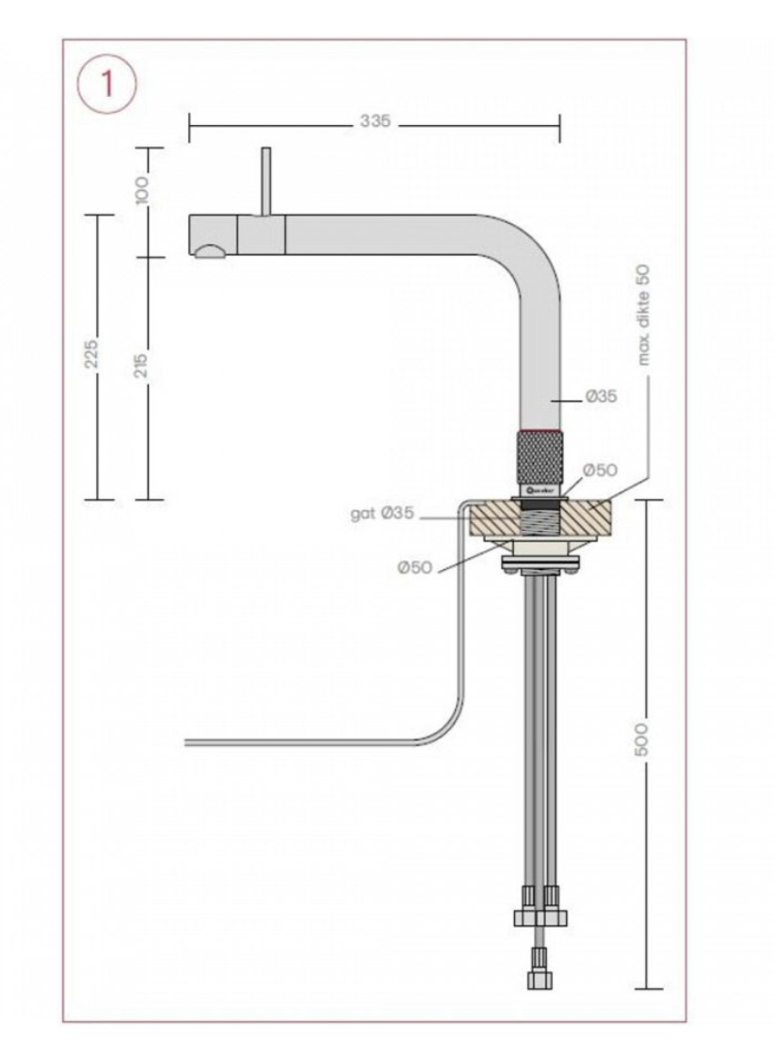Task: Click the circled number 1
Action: (107, 84)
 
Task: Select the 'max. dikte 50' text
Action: (645, 314)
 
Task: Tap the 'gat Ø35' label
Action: (381, 514)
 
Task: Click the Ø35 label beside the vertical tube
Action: (601, 397)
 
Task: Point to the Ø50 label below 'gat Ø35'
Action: (414, 567)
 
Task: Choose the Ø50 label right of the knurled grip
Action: (599, 470)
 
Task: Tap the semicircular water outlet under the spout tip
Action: (210, 250)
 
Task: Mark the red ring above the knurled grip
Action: (540, 431)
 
